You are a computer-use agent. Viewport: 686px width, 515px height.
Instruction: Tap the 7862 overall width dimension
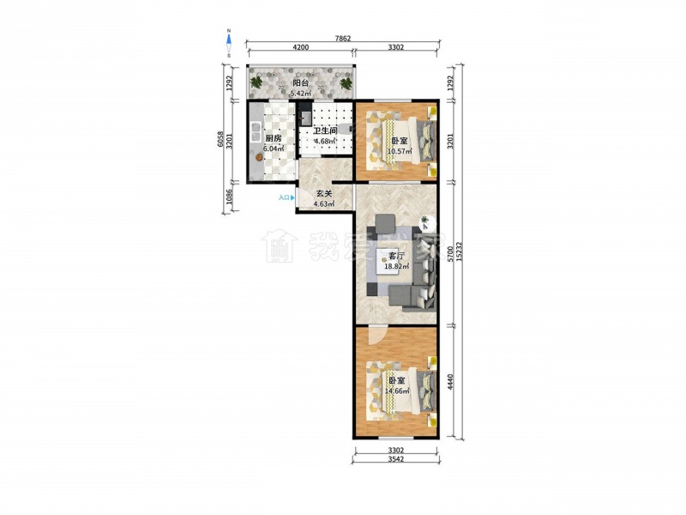(343, 39)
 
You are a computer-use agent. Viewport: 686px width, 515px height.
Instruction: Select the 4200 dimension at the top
(301, 47)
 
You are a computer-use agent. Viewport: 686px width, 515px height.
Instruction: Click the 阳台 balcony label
(301, 82)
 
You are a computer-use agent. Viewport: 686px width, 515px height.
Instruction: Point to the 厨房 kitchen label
(274, 138)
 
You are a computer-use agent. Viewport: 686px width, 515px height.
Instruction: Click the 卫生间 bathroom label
(325, 131)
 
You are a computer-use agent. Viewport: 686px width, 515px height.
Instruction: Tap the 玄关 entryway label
(324, 193)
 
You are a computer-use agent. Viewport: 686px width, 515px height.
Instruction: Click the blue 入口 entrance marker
(286, 198)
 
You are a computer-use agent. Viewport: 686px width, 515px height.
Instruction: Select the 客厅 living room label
(396, 256)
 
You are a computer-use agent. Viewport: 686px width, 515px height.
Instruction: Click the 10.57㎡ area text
(400, 152)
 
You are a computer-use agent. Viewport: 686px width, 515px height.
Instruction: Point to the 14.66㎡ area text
(397, 391)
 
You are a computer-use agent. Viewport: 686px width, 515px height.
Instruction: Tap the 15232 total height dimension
(458, 252)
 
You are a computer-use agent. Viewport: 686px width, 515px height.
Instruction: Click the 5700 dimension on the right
(450, 253)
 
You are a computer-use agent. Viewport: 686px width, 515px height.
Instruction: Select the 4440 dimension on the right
(450, 382)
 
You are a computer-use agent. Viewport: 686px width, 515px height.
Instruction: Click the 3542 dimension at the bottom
(395, 459)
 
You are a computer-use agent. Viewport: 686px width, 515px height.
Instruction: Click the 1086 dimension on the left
(229, 197)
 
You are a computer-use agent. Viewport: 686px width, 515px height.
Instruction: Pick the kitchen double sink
(255, 131)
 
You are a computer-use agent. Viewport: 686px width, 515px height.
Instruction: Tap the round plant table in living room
(426, 223)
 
